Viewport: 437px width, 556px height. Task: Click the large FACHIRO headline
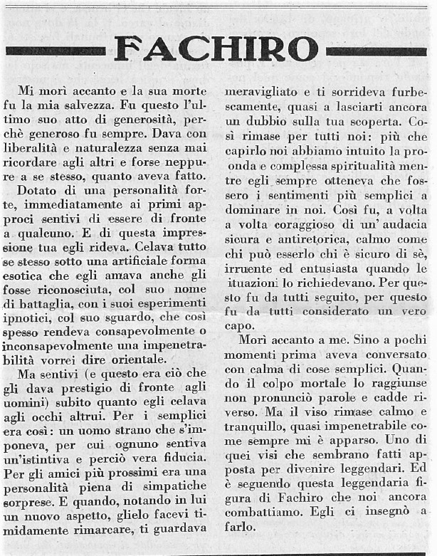pyautogui.click(x=216, y=49)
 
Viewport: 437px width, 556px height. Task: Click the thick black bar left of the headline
pyautogui.click(x=56, y=51)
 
